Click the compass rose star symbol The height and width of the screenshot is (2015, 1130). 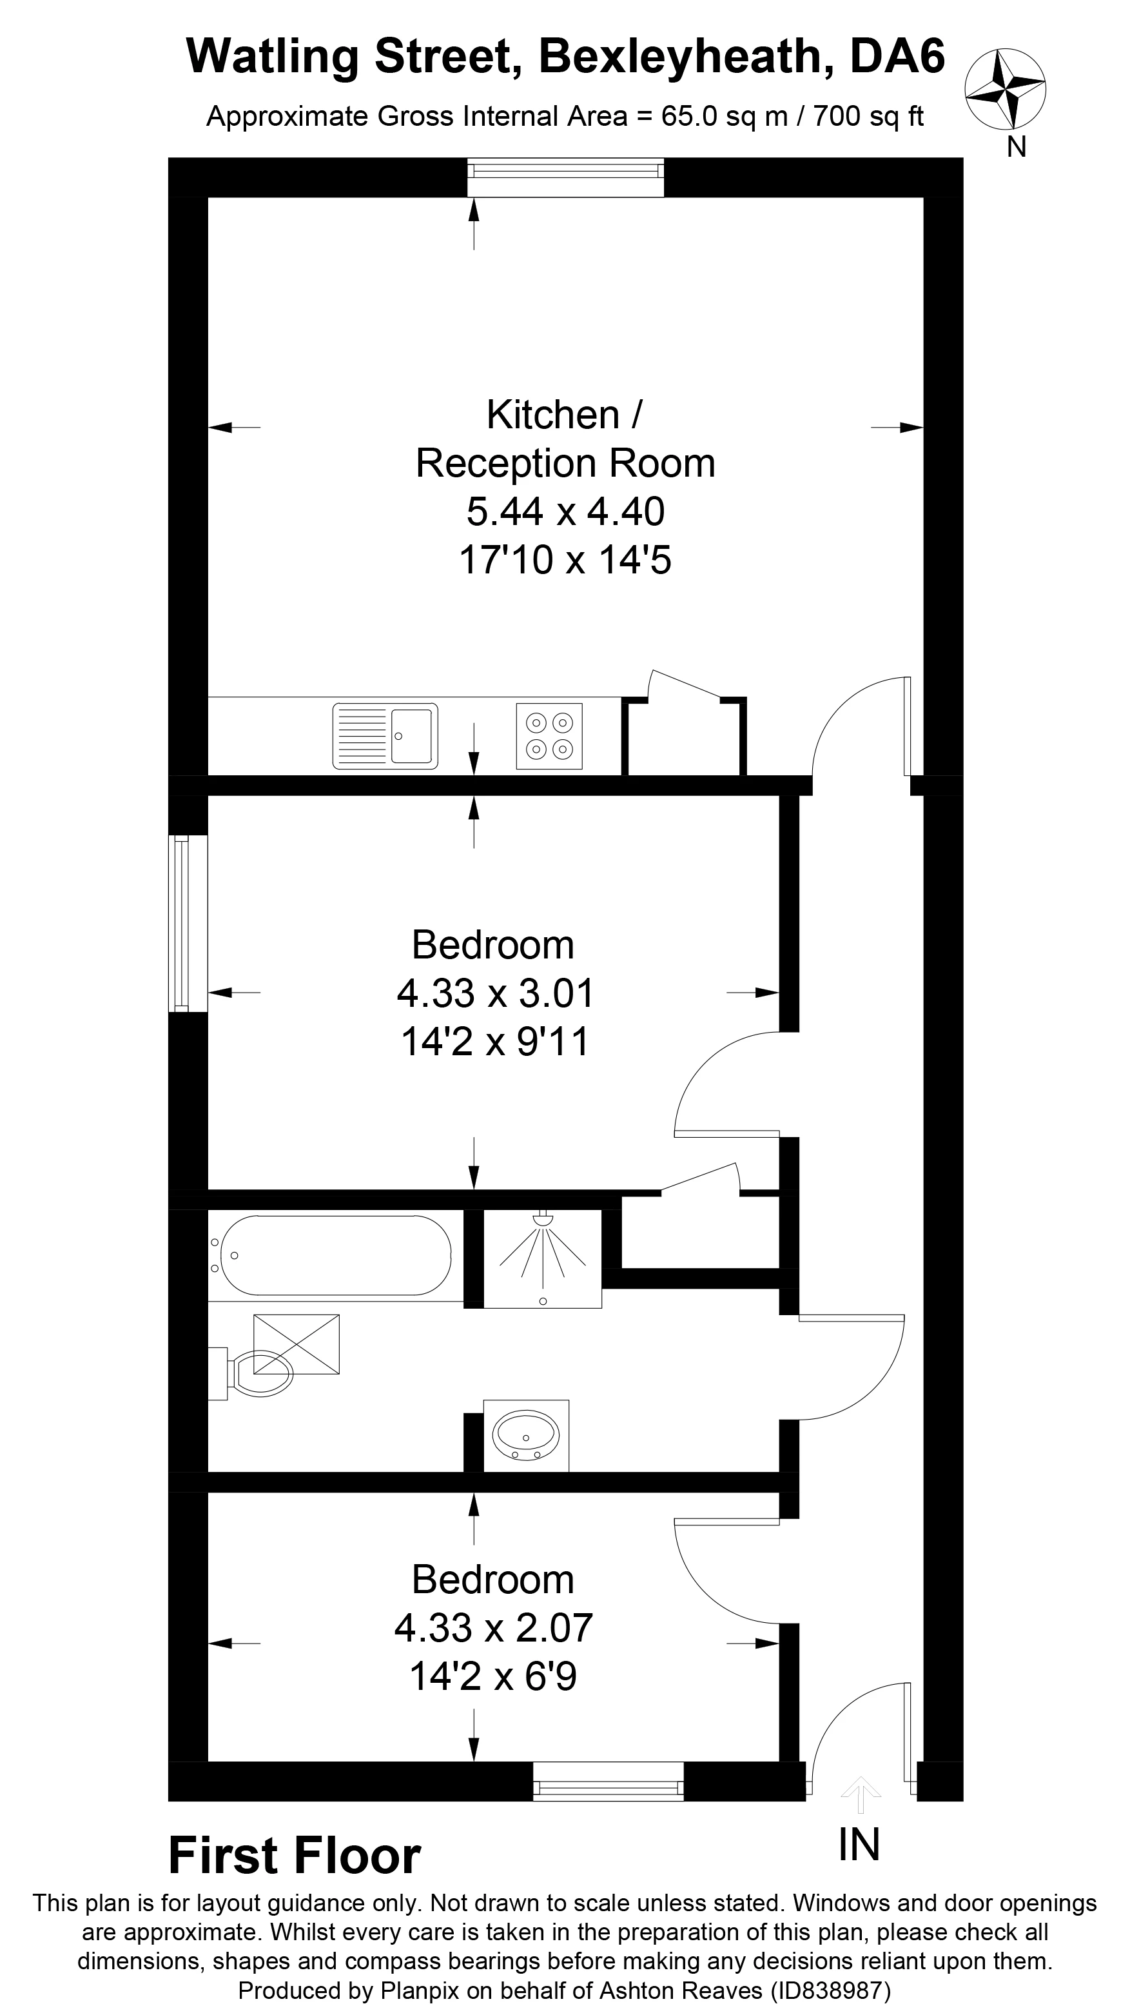[x=1005, y=89]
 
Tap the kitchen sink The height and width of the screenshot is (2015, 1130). [x=385, y=736]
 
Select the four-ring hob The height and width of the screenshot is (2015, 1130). [x=549, y=736]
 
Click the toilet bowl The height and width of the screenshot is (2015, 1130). [x=260, y=1375]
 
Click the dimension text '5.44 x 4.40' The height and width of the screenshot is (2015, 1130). [x=565, y=511]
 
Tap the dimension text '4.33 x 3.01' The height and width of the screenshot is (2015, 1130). [x=496, y=993]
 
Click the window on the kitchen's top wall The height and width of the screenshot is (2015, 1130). [x=565, y=177]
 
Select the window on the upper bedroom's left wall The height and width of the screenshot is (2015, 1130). [x=188, y=924]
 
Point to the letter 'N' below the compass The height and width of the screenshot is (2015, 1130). [x=1017, y=147]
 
